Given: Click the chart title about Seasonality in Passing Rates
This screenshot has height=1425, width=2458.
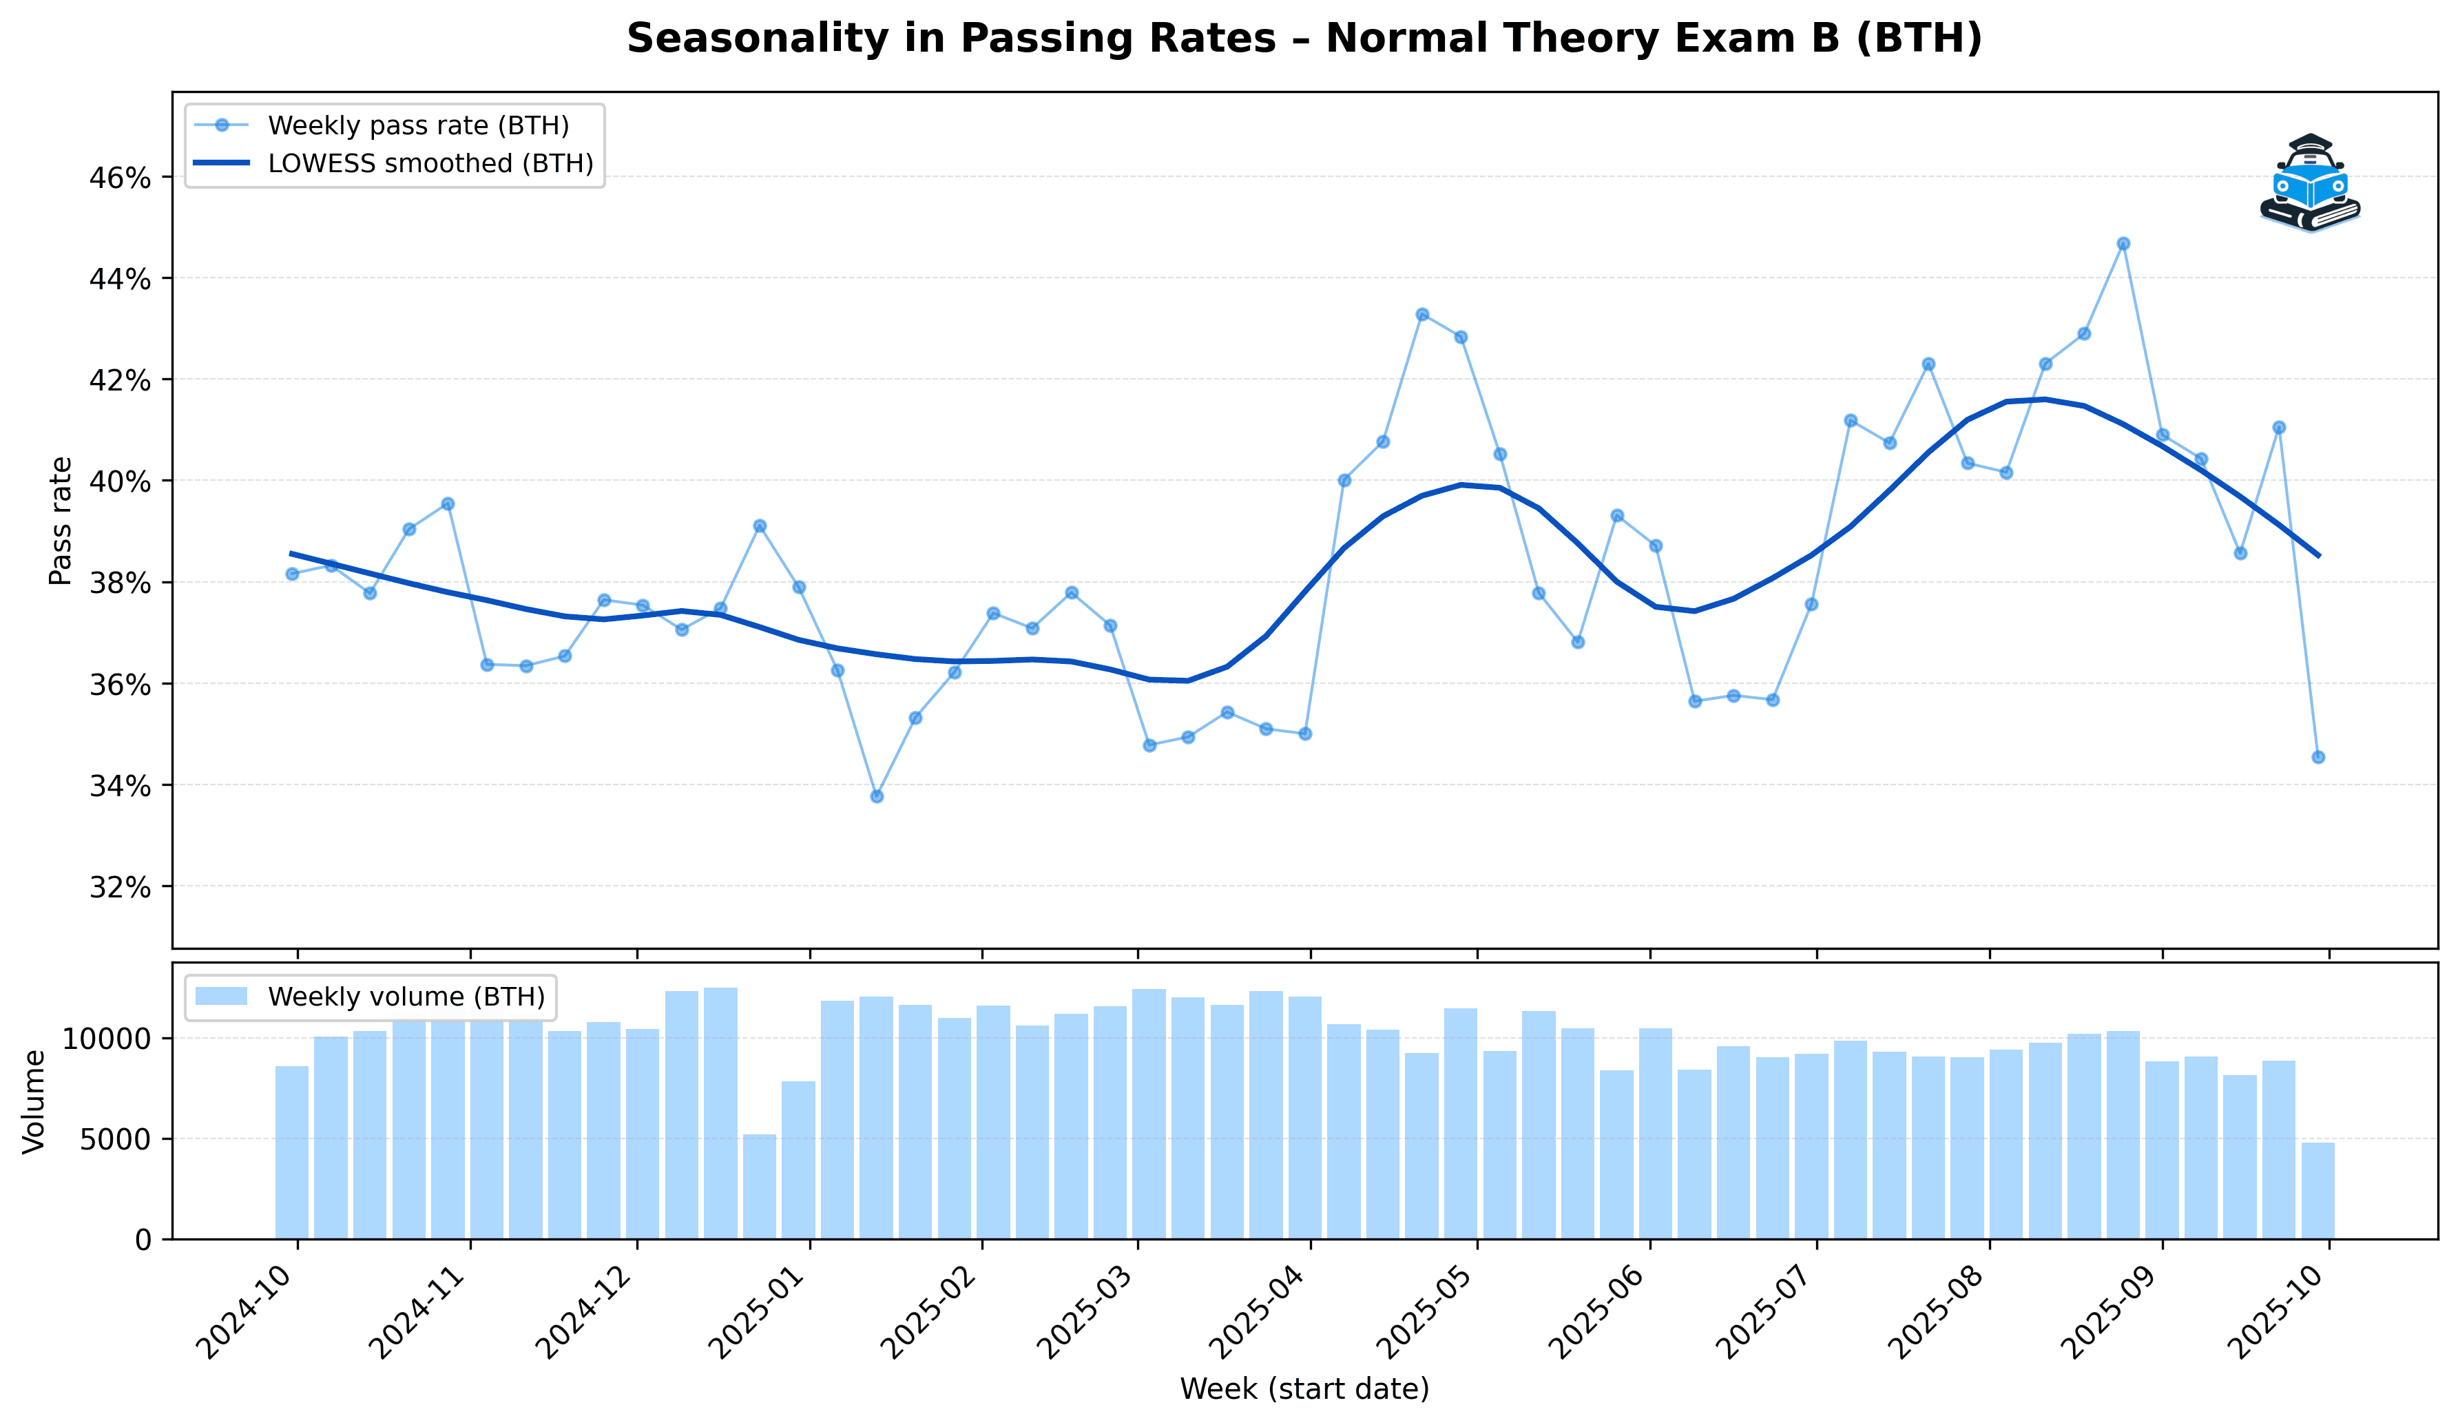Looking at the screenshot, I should pos(1304,39).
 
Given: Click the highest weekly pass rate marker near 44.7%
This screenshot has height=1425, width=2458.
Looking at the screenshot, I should pos(2123,243).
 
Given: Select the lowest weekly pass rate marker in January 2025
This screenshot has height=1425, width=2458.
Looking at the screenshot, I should pos(876,796).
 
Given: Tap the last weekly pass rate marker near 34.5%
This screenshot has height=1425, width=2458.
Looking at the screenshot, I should pos(2318,757).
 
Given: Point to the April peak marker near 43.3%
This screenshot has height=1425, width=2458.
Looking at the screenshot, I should pos(1422,314).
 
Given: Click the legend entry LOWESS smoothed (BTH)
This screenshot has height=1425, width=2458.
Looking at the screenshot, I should pos(430,164).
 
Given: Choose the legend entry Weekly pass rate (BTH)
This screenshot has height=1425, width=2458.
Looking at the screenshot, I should pos(417,126).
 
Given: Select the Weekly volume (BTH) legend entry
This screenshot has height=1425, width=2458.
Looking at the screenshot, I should pos(406,997).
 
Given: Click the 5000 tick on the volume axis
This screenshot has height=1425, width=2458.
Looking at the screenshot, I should pos(115,1138).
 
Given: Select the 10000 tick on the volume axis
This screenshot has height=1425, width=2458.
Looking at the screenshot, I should pos(107,1038).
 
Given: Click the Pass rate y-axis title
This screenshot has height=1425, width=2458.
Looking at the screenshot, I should pos(61,521).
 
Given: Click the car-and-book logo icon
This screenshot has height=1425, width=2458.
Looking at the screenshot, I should pos(2309,183).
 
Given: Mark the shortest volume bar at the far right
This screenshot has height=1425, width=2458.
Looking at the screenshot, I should pos(2318,1190).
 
